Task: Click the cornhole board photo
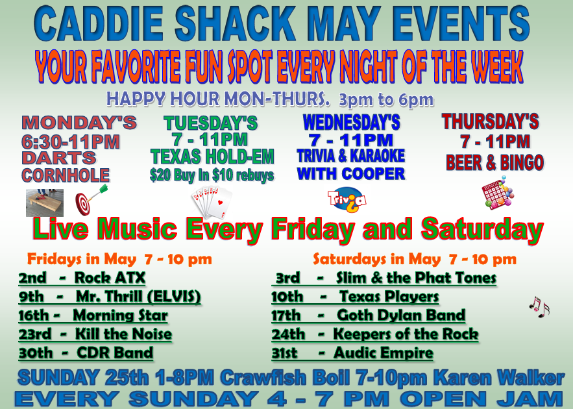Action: (45, 203)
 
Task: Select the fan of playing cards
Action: (212, 202)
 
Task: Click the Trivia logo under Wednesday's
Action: (347, 200)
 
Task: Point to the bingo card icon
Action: (498, 193)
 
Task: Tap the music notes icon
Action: (539, 306)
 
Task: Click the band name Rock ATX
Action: (110, 277)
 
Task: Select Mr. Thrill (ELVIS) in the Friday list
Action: (138, 297)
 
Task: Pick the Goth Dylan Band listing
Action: (401, 315)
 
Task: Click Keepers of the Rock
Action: (406, 334)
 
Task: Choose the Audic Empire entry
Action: (384, 353)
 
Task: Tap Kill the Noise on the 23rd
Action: (123, 334)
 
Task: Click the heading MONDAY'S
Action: (79, 123)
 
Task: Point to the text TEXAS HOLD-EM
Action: (212, 157)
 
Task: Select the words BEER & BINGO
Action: (494, 162)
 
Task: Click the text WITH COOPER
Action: (351, 173)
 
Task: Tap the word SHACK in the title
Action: (236, 24)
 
